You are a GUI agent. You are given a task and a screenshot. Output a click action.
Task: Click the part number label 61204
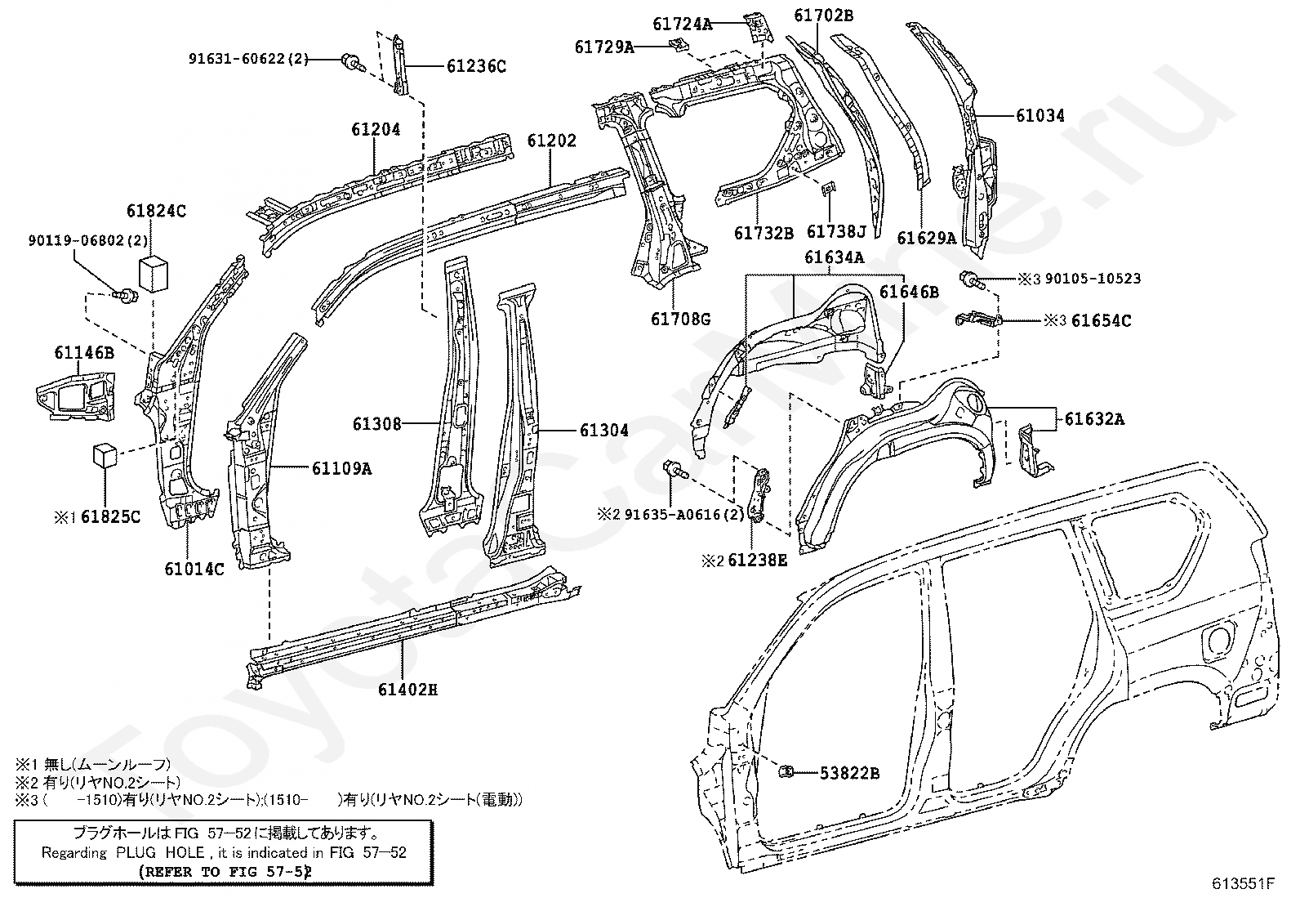376,130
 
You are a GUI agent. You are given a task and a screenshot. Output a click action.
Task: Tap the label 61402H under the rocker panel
407,690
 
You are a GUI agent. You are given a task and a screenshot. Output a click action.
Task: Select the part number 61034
1040,115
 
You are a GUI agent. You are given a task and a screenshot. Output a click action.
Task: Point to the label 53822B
849,773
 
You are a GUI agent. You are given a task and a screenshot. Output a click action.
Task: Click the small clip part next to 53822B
786,771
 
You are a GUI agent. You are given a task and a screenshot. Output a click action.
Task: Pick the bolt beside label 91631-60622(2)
351,61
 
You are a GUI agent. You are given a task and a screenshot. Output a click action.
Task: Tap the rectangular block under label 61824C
153,275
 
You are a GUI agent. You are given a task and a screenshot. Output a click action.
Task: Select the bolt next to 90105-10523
970,280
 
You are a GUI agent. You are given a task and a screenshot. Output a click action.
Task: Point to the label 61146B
84,352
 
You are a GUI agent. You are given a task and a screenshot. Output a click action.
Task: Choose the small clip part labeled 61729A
677,45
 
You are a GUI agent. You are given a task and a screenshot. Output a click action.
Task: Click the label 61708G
680,319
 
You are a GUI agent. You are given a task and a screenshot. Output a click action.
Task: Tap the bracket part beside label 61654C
978,318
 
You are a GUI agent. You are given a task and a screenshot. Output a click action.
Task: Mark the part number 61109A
342,468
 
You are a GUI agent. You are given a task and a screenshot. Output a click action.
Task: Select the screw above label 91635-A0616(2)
675,469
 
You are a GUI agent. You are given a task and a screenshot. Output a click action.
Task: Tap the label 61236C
476,67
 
